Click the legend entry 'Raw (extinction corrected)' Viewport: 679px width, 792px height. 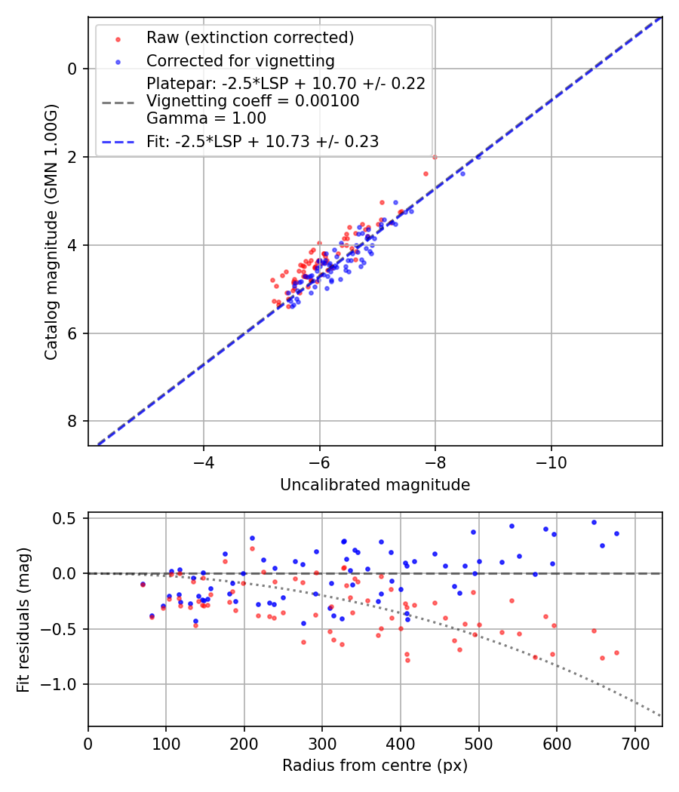coord(250,38)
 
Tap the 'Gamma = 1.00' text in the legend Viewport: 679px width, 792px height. coord(206,118)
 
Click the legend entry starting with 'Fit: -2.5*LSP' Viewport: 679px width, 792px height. coord(263,141)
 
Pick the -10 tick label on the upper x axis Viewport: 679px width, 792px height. coord(551,461)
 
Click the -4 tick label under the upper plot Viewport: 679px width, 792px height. coord(203,461)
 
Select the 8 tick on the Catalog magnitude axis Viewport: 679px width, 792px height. coord(73,421)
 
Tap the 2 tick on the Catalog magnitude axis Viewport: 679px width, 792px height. coord(73,157)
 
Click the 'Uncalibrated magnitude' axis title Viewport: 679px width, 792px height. coord(375,485)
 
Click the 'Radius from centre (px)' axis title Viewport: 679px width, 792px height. coord(375,766)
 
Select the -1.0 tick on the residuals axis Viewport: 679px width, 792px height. coord(62,684)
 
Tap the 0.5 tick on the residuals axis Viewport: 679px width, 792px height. coord(66,518)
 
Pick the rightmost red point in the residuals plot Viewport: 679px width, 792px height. coord(616,652)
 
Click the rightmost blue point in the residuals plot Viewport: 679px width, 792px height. coord(616,533)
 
